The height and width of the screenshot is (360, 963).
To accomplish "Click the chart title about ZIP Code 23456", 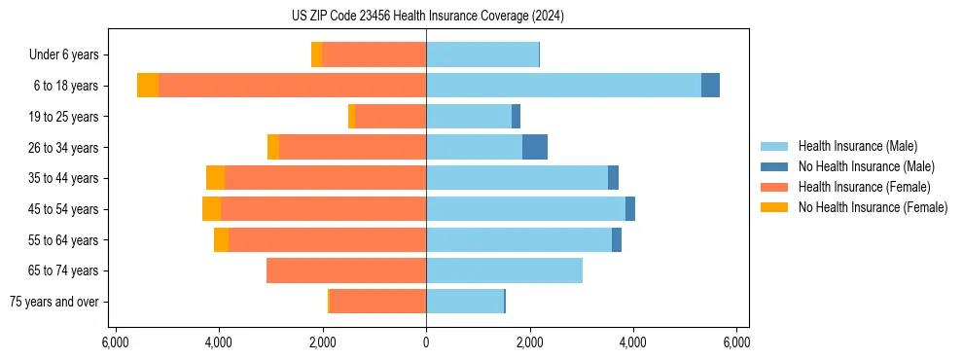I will [x=426, y=17].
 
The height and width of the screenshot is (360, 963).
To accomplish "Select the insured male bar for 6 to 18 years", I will [x=563, y=86].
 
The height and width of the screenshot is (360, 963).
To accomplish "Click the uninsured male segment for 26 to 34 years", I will [x=535, y=147].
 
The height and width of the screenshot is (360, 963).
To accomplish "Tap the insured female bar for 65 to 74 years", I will [x=346, y=270].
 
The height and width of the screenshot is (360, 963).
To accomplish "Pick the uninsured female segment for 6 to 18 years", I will [x=148, y=86].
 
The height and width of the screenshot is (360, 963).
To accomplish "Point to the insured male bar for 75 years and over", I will [x=465, y=302].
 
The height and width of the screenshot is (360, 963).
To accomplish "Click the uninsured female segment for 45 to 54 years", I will [x=211, y=209].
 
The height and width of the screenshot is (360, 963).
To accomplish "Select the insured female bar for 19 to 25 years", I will [x=391, y=117].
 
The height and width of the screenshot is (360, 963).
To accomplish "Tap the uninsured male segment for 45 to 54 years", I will [x=630, y=209].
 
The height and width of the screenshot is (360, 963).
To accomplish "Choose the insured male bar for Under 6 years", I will [x=482, y=54].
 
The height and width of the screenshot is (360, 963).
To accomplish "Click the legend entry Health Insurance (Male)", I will [x=857, y=146].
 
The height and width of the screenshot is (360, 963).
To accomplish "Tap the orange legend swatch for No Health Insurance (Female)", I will [x=775, y=207].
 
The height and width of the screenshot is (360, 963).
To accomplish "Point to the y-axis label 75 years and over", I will [x=54, y=302].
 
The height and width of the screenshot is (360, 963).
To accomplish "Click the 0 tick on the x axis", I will [x=426, y=342].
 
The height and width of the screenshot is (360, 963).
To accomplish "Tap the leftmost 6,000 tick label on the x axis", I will [x=115, y=342].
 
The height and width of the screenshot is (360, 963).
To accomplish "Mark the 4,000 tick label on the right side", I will [x=633, y=342].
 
